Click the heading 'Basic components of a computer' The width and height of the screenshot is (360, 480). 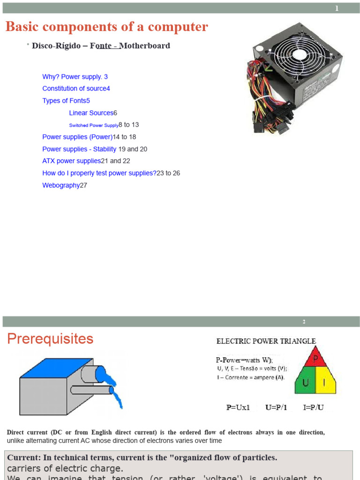[106, 27]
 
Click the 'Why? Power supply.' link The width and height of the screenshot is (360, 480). [73, 76]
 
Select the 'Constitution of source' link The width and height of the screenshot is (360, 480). [74, 89]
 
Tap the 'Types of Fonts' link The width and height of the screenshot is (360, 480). [64, 101]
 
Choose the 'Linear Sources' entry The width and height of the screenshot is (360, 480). [91, 113]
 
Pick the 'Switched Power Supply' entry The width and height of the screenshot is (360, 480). [94, 125]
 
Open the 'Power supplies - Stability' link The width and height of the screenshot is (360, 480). [79, 149]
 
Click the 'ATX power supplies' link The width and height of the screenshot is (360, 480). [72, 161]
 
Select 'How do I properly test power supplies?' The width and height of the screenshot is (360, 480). [99, 173]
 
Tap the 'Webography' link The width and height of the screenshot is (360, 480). [61, 185]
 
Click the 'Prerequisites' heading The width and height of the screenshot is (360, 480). [50, 339]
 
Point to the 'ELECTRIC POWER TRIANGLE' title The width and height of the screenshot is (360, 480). [266, 341]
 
